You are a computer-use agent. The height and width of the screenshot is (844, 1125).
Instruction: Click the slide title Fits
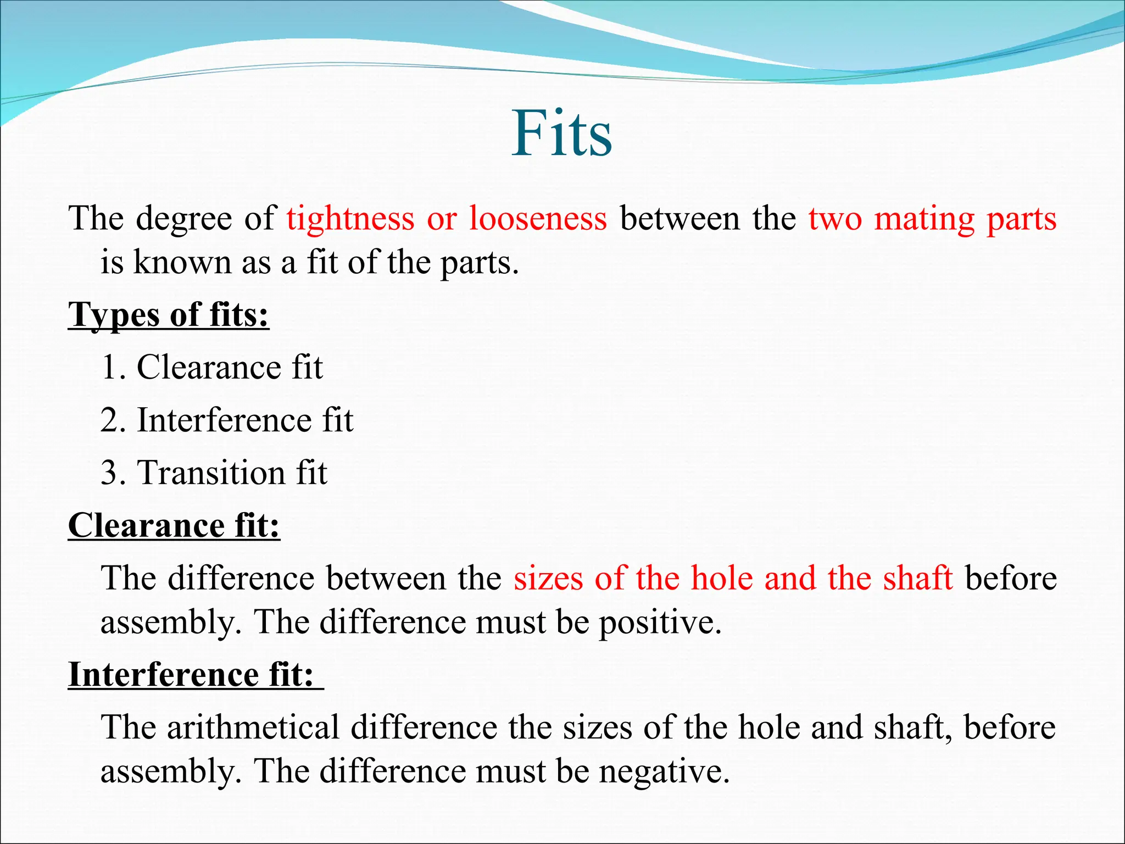561,134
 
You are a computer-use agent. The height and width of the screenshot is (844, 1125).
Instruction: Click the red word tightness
350,219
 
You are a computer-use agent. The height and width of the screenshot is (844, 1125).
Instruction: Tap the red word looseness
538,219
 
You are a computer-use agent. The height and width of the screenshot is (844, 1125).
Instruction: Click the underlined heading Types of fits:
169,315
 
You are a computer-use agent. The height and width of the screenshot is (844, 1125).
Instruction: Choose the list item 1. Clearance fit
212,367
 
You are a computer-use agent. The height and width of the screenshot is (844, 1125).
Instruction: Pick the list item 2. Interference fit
227,420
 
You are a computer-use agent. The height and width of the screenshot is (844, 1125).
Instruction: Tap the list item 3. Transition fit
214,473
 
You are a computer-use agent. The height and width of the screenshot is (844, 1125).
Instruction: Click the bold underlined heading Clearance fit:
174,526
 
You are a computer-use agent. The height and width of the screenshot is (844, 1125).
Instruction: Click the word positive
659,623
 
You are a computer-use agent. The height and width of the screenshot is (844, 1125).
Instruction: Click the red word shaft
917,579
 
